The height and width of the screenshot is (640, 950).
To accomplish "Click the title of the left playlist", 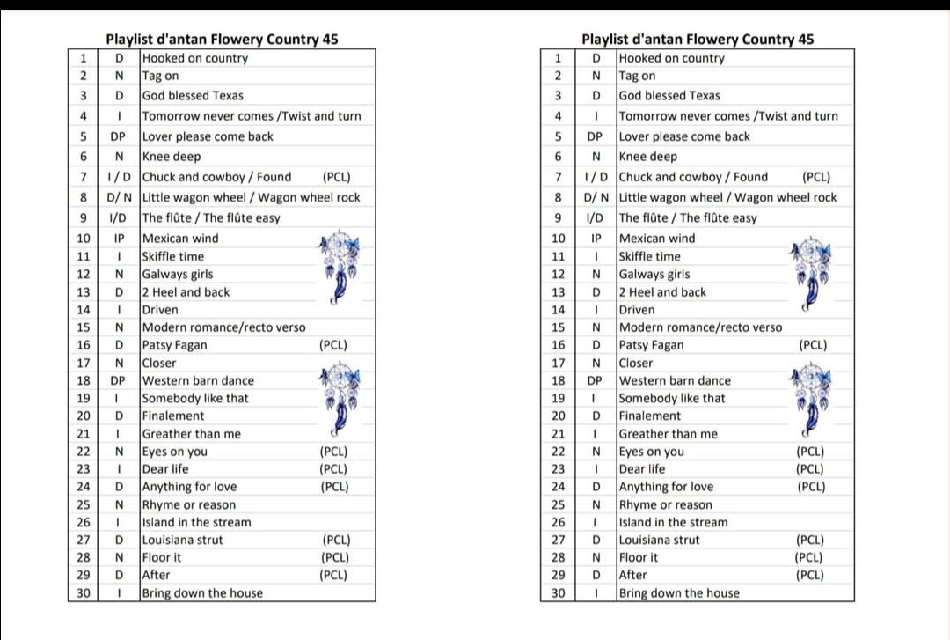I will pyautogui.click(x=222, y=40).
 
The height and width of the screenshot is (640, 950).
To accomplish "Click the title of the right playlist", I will pyautogui.click(x=698, y=40).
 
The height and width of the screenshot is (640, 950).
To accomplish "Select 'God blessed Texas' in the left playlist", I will pyautogui.click(x=193, y=96).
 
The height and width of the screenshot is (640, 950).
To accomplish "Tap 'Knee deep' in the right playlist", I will pyautogui.click(x=648, y=157).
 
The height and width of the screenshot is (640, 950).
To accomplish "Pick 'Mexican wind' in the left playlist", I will pyautogui.click(x=180, y=239).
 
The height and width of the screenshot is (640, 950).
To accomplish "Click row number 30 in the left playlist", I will pyautogui.click(x=84, y=593).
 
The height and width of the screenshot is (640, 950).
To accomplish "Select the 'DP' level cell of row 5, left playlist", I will pyautogui.click(x=118, y=136).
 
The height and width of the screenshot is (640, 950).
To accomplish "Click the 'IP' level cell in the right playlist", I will pyautogui.click(x=596, y=239).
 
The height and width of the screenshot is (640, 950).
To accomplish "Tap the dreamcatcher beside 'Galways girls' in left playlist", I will pyautogui.click(x=340, y=265).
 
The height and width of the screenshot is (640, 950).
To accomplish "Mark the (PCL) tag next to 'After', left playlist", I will pyautogui.click(x=333, y=576).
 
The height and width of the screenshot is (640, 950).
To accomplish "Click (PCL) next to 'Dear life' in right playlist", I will pyautogui.click(x=810, y=469).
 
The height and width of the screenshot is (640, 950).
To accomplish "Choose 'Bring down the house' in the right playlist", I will pyautogui.click(x=679, y=593).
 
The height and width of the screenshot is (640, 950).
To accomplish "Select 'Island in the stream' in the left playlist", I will pyautogui.click(x=196, y=523).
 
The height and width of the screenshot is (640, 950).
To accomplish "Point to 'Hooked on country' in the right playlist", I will pyautogui.click(x=672, y=59).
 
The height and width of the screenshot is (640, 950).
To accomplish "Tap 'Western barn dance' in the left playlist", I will pyautogui.click(x=198, y=381).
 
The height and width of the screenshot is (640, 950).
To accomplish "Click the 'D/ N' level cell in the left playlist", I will pyautogui.click(x=120, y=198).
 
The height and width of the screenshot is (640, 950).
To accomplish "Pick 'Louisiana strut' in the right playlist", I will pyautogui.click(x=660, y=541).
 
